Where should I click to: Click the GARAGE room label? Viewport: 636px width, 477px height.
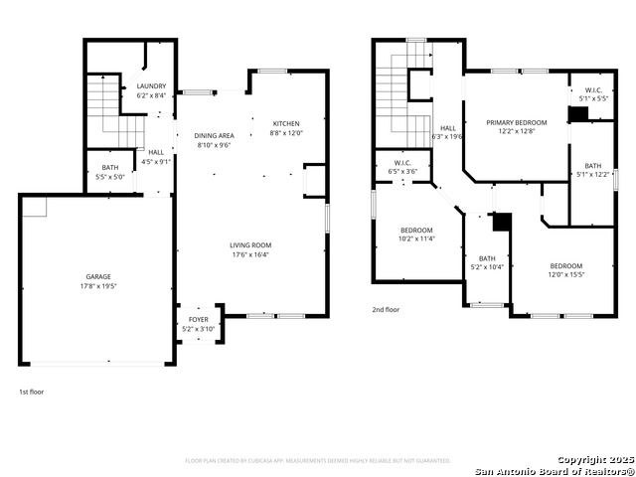(x=97, y=276)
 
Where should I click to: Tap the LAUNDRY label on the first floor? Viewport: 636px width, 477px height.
(x=151, y=86)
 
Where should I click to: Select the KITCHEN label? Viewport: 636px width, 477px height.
(x=287, y=123)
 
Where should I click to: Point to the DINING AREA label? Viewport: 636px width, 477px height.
(x=214, y=135)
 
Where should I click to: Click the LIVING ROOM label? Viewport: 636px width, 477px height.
(x=250, y=244)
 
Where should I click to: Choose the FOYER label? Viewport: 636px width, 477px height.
(x=199, y=319)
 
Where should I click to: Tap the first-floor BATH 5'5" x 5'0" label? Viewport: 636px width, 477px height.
(x=109, y=167)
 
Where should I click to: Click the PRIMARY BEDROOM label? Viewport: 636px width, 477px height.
(x=516, y=122)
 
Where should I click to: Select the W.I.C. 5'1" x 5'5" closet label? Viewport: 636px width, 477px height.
(x=593, y=90)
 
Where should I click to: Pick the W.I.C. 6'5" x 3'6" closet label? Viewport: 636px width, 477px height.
(x=402, y=163)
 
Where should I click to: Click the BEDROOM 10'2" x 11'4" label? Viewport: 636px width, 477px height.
(x=416, y=230)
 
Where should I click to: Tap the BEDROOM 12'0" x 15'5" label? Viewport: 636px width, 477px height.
(x=565, y=265)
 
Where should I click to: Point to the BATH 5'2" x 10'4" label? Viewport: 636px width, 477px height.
(x=487, y=258)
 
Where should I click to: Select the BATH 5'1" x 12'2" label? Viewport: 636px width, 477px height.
(x=592, y=166)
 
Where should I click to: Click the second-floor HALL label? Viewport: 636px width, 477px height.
(x=448, y=128)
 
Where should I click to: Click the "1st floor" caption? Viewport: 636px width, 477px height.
(x=31, y=392)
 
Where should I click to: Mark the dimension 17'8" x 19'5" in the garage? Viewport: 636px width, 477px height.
(x=97, y=285)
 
